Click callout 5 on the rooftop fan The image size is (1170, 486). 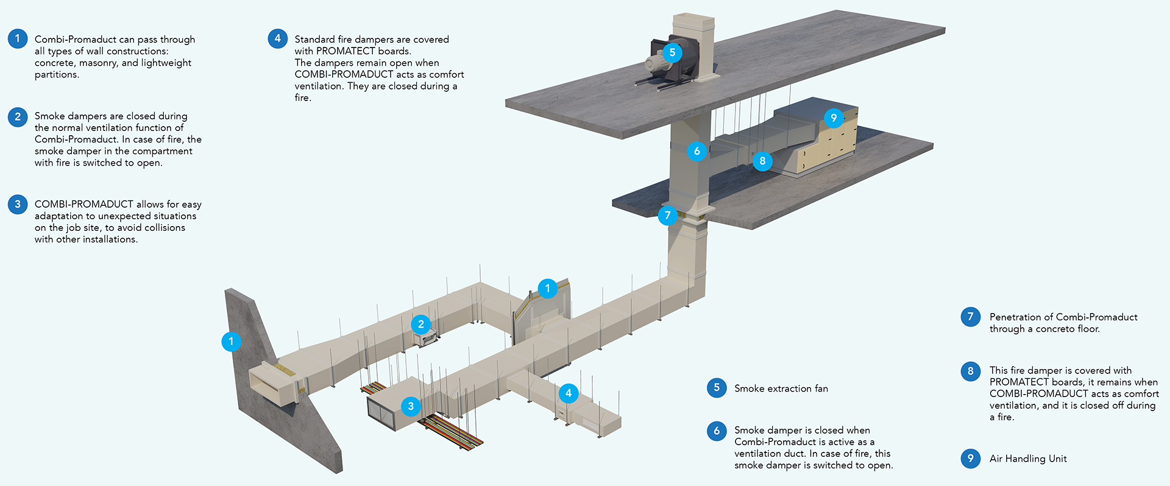point(672,52)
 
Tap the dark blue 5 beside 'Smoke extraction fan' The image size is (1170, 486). point(717,387)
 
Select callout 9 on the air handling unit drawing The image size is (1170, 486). point(834,118)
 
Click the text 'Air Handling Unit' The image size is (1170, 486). point(1028,459)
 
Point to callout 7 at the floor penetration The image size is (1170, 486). point(668,215)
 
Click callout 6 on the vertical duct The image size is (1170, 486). point(697,151)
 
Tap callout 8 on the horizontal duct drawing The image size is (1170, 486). point(762,161)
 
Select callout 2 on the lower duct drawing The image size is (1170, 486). point(421,325)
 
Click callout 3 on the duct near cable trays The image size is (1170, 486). point(411,406)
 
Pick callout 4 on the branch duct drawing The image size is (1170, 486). point(569,393)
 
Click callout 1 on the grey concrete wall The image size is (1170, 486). point(231,342)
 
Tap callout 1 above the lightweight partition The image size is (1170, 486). point(548,288)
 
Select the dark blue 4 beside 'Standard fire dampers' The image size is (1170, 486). point(278,38)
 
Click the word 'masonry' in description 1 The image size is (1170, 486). point(97,63)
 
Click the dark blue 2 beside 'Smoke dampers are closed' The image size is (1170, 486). point(18,116)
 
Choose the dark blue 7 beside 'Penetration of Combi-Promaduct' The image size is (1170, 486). point(971,317)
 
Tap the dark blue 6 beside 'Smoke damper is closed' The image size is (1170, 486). point(717,431)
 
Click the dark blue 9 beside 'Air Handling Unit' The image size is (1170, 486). point(971,458)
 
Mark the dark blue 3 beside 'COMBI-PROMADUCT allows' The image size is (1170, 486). point(18,204)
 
